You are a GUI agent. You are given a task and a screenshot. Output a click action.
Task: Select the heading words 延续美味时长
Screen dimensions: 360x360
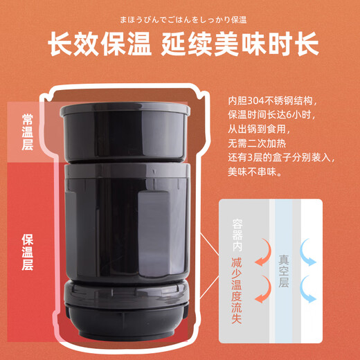click(240, 44)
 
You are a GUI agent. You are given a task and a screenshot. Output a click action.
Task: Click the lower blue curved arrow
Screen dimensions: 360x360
click(307, 296)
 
